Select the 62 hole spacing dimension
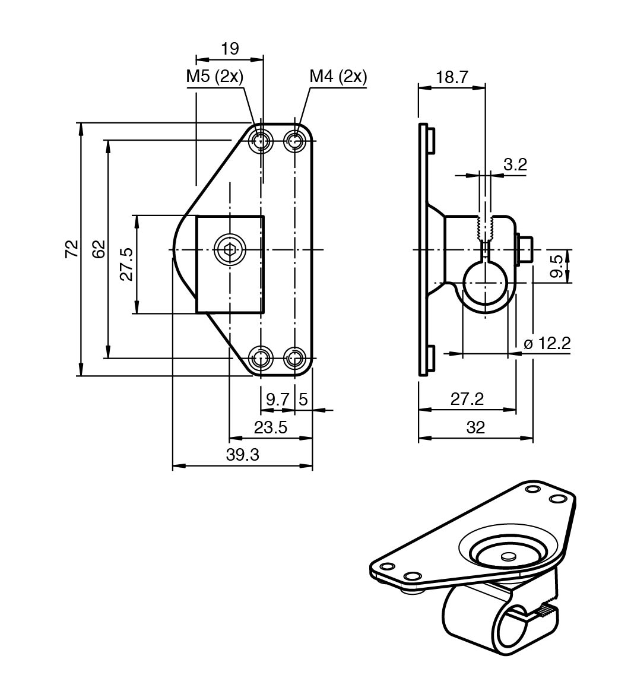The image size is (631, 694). click(x=99, y=249)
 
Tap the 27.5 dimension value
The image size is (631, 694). click(x=126, y=264)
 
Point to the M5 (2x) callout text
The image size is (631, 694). click(x=215, y=77)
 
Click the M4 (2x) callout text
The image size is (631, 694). click(x=338, y=77)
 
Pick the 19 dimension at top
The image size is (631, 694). click(x=230, y=49)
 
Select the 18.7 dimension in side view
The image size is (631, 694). click(x=452, y=77)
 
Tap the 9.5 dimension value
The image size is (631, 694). click(x=556, y=266)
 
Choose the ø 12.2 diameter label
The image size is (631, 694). click(x=547, y=343)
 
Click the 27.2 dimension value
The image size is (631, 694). click(x=467, y=399)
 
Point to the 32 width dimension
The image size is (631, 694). click(x=475, y=427)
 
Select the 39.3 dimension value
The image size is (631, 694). click(x=243, y=455)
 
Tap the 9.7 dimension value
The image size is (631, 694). click(x=277, y=399)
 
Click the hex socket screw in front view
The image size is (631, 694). click(x=230, y=249)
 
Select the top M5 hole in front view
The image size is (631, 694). click(x=261, y=141)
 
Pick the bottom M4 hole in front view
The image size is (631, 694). click(x=294, y=358)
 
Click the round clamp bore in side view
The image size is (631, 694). click(x=485, y=283)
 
